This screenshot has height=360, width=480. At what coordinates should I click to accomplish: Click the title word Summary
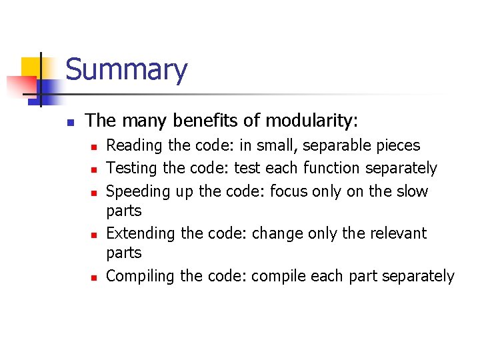coord(126,70)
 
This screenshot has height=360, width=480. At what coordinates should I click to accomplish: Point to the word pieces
coord(398,146)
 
